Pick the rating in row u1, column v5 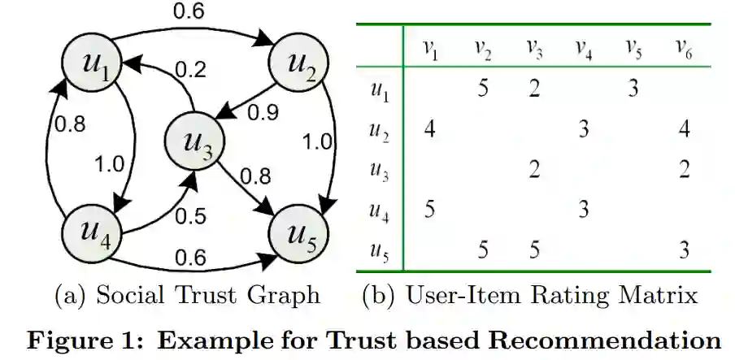(633, 87)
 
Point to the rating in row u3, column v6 (684, 169)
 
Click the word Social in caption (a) (134, 294)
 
